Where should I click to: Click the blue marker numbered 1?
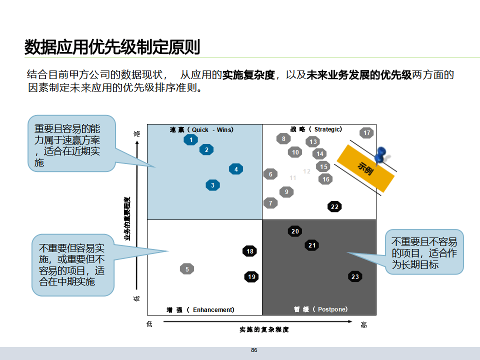(x=190, y=140)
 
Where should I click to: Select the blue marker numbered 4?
(x=236, y=169)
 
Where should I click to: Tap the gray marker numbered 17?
(x=367, y=133)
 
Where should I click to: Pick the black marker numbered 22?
(x=334, y=207)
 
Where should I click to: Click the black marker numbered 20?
(x=295, y=231)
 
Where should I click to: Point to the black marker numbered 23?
(x=355, y=277)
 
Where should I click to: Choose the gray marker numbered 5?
(x=187, y=269)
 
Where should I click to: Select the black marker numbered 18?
(x=250, y=251)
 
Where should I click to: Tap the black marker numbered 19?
(x=251, y=277)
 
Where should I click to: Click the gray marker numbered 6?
(x=270, y=174)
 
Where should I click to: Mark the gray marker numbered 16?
(x=326, y=179)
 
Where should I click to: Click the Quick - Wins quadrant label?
(x=201, y=129)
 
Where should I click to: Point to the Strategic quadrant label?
(x=316, y=129)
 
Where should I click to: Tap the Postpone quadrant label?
(x=320, y=309)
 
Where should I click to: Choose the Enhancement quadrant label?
(x=200, y=310)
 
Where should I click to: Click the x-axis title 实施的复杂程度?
(x=264, y=329)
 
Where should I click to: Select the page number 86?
(x=254, y=350)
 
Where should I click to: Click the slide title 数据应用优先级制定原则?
(x=112, y=47)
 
